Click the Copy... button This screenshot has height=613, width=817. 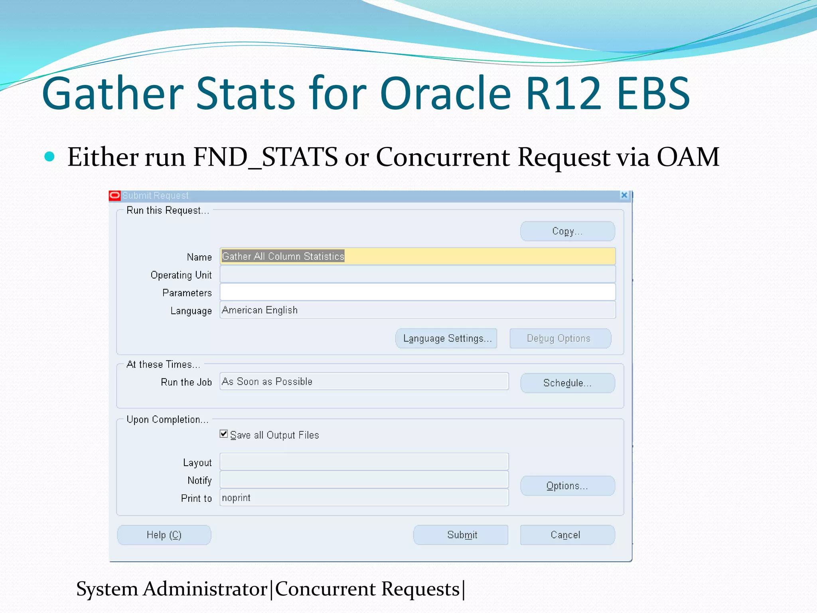pyautogui.click(x=567, y=231)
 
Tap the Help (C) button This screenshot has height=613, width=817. pyautogui.click(x=164, y=535)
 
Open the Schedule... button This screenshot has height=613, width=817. pyautogui.click(x=567, y=383)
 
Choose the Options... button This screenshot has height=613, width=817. pyautogui.click(x=567, y=486)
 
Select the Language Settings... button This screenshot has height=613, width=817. pyautogui.click(x=446, y=338)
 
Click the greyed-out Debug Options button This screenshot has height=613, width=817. pyautogui.click(x=560, y=338)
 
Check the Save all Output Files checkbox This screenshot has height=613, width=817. pyautogui.click(x=224, y=434)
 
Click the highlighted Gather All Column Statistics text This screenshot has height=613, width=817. pyautogui.click(x=283, y=256)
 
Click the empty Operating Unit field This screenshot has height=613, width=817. pyautogui.click(x=417, y=275)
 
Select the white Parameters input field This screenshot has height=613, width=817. pyautogui.click(x=417, y=292)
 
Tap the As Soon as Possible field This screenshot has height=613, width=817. pyautogui.click(x=364, y=382)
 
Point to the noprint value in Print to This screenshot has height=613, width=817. pyautogui.click(x=236, y=498)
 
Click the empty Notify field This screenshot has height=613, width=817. pyautogui.click(x=364, y=480)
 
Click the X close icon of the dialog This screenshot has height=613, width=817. pyautogui.click(x=624, y=195)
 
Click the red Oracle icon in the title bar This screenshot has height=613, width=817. pyautogui.click(x=115, y=196)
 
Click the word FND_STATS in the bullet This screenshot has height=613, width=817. pyautogui.click(x=265, y=157)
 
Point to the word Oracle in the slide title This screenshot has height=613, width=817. pyautogui.click(x=445, y=94)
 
